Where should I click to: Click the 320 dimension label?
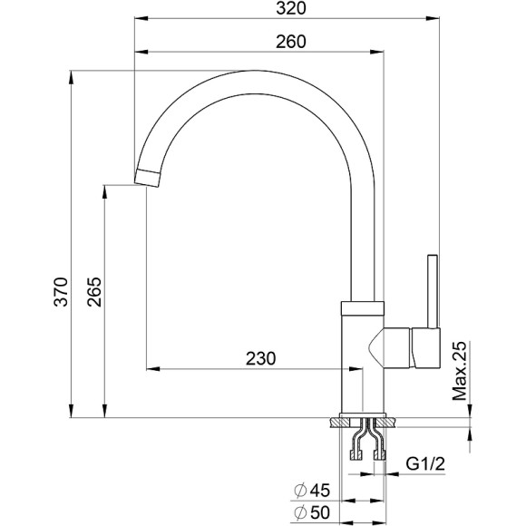pyautogui.click(x=287, y=10)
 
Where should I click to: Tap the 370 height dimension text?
pyautogui.click(x=61, y=292)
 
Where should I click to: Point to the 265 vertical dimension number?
pyautogui.click(x=94, y=292)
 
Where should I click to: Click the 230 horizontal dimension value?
pyautogui.click(x=260, y=358)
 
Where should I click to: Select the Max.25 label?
pyautogui.click(x=460, y=372)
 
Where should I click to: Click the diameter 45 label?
pyautogui.click(x=312, y=491)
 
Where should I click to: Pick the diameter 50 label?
pyautogui.click(x=312, y=512)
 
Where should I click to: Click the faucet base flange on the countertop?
pyautogui.click(x=367, y=420)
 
